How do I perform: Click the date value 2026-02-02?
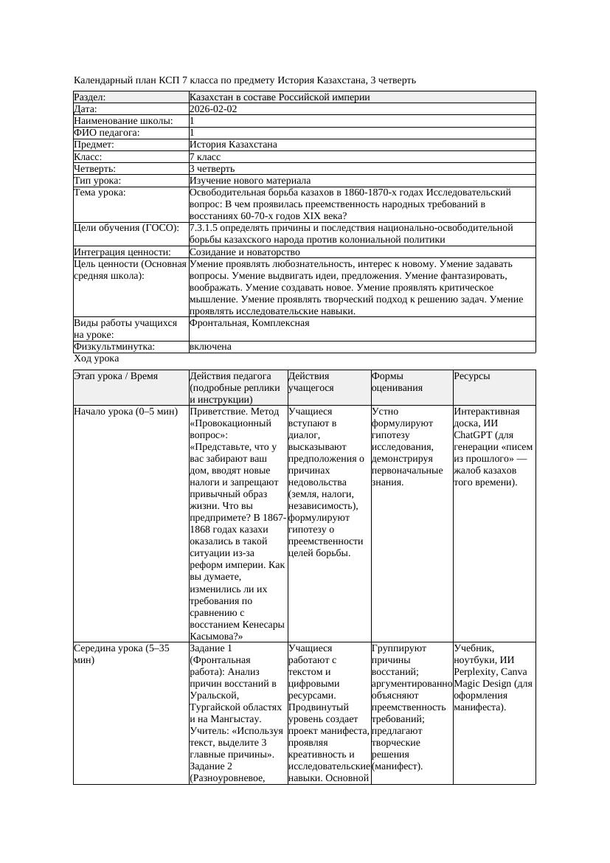pos(213,109)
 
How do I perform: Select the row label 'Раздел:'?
pos(90,97)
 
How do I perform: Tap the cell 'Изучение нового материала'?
pos(250,181)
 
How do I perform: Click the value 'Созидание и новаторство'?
pos(245,252)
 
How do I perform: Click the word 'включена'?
pos(210,347)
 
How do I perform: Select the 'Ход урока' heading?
pos(97,358)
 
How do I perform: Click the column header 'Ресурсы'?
pos(472,376)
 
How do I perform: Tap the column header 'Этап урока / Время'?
pos(116,376)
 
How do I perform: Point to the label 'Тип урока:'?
pos(97,181)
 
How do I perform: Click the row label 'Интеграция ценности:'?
pos(120,252)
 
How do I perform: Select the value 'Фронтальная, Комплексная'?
pos(249,323)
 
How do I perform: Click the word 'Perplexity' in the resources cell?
pos(479,672)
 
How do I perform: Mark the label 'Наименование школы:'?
pos(124,121)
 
